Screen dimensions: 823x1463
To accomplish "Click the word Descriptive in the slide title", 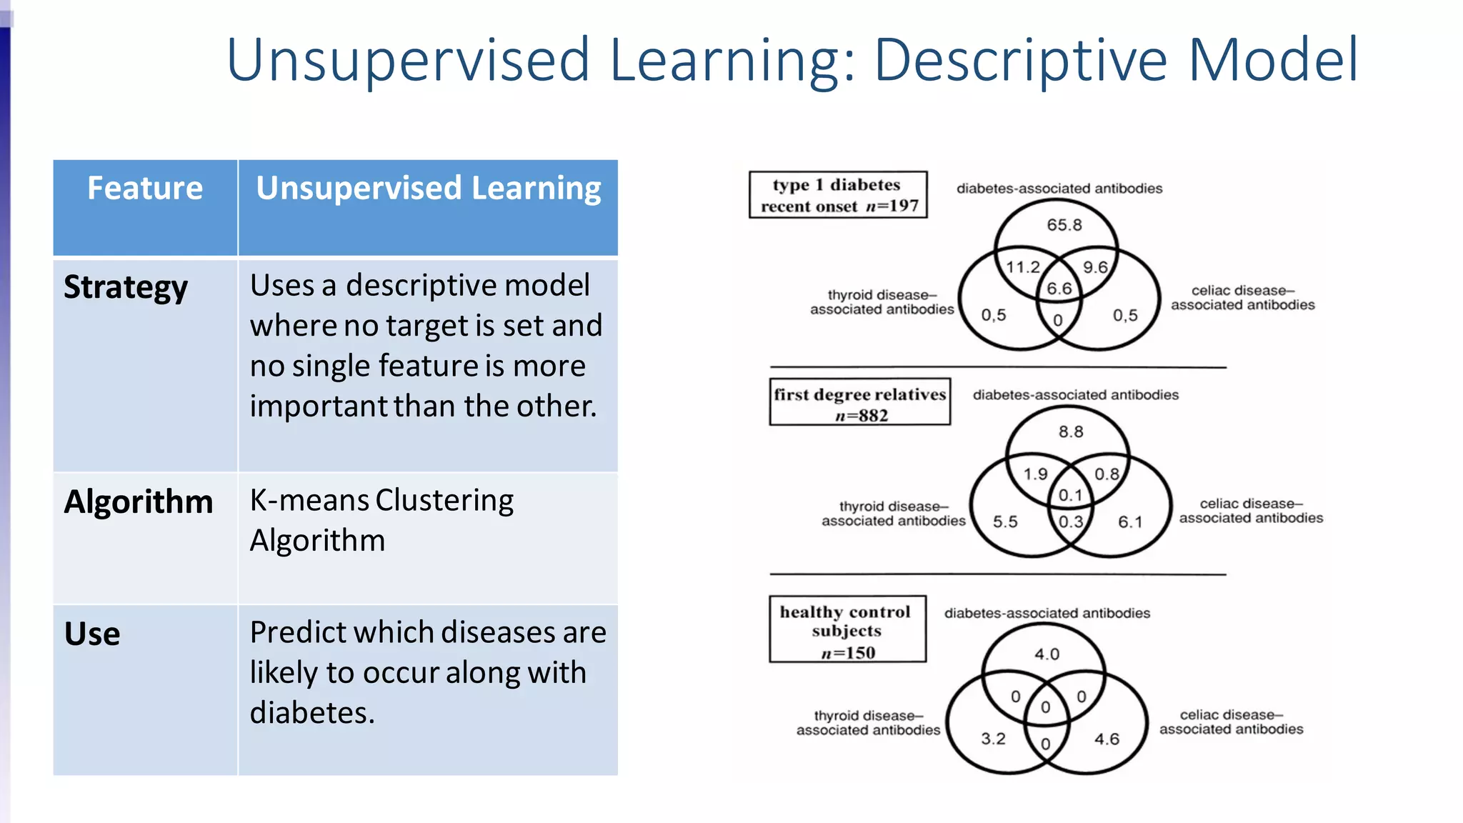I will pos(1022,60).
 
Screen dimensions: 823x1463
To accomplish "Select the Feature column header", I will pos(145,189).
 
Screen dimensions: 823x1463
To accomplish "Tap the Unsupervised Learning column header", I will pos(428,189).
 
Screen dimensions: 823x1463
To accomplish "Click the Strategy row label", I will pos(126,287).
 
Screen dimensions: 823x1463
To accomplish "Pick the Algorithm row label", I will pos(139,502).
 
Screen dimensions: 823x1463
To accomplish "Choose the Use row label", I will pos(92,634).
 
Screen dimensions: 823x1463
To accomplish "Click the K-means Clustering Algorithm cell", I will pos(381,520).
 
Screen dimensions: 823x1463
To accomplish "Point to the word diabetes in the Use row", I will pos(312,712).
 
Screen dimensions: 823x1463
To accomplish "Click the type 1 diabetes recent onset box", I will pos(838,195).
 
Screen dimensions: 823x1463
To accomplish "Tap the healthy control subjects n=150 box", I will pos(847,631).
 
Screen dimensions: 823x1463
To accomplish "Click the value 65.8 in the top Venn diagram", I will pos(1064,225).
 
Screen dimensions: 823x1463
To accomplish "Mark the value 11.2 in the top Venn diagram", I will pos(1023,267).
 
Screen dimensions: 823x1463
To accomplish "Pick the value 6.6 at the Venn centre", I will pos(1059,289).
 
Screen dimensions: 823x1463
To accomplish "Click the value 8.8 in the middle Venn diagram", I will pos(1071,432).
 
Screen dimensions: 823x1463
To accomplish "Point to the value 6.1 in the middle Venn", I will pos(1130,522).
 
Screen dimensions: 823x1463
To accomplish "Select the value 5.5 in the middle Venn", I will pos(1005,522).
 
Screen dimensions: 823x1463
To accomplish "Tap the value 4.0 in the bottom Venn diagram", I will pos(1047,654).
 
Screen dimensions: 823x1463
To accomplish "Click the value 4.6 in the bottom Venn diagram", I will pos(1107,739).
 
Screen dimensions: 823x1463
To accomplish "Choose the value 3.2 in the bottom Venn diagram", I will pos(993,739).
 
